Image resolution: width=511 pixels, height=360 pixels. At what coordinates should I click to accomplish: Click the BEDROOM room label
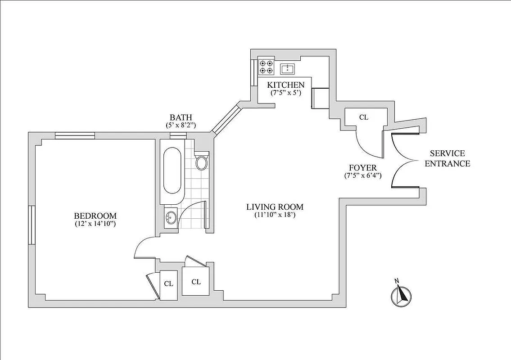[x=95, y=216]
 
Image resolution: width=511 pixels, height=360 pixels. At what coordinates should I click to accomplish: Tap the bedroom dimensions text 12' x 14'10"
[x=95, y=223]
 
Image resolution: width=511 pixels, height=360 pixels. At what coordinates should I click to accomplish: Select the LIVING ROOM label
[x=275, y=207]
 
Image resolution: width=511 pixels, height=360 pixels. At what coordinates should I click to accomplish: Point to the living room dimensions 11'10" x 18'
[x=275, y=215]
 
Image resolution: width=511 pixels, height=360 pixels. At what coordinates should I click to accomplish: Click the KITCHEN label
[x=286, y=85]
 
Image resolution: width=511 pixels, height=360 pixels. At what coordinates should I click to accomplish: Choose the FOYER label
[x=362, y=168]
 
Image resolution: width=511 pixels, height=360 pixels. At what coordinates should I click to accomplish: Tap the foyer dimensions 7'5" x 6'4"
[x=362, y=175]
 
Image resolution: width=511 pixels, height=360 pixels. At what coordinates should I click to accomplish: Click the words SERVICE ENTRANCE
[x=448, y=158]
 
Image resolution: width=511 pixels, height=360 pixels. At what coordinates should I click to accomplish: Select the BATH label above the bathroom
[x=181, y=118]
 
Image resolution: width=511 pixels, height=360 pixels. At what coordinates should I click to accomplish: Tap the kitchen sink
[x=287, y=69]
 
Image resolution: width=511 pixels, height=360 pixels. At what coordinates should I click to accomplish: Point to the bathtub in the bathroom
[x=172, y=171]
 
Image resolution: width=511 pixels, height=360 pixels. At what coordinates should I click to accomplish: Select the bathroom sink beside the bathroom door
[x=171, y=218]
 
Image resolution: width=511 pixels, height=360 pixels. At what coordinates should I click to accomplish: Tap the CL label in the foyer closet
[x=364, y=117]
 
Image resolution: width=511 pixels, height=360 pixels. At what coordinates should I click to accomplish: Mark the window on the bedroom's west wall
[x=32, y=225]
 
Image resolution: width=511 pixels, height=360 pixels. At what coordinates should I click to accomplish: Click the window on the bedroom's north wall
[x=75, y=135]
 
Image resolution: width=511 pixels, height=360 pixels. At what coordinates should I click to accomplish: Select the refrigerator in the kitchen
[x=320, y=99]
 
